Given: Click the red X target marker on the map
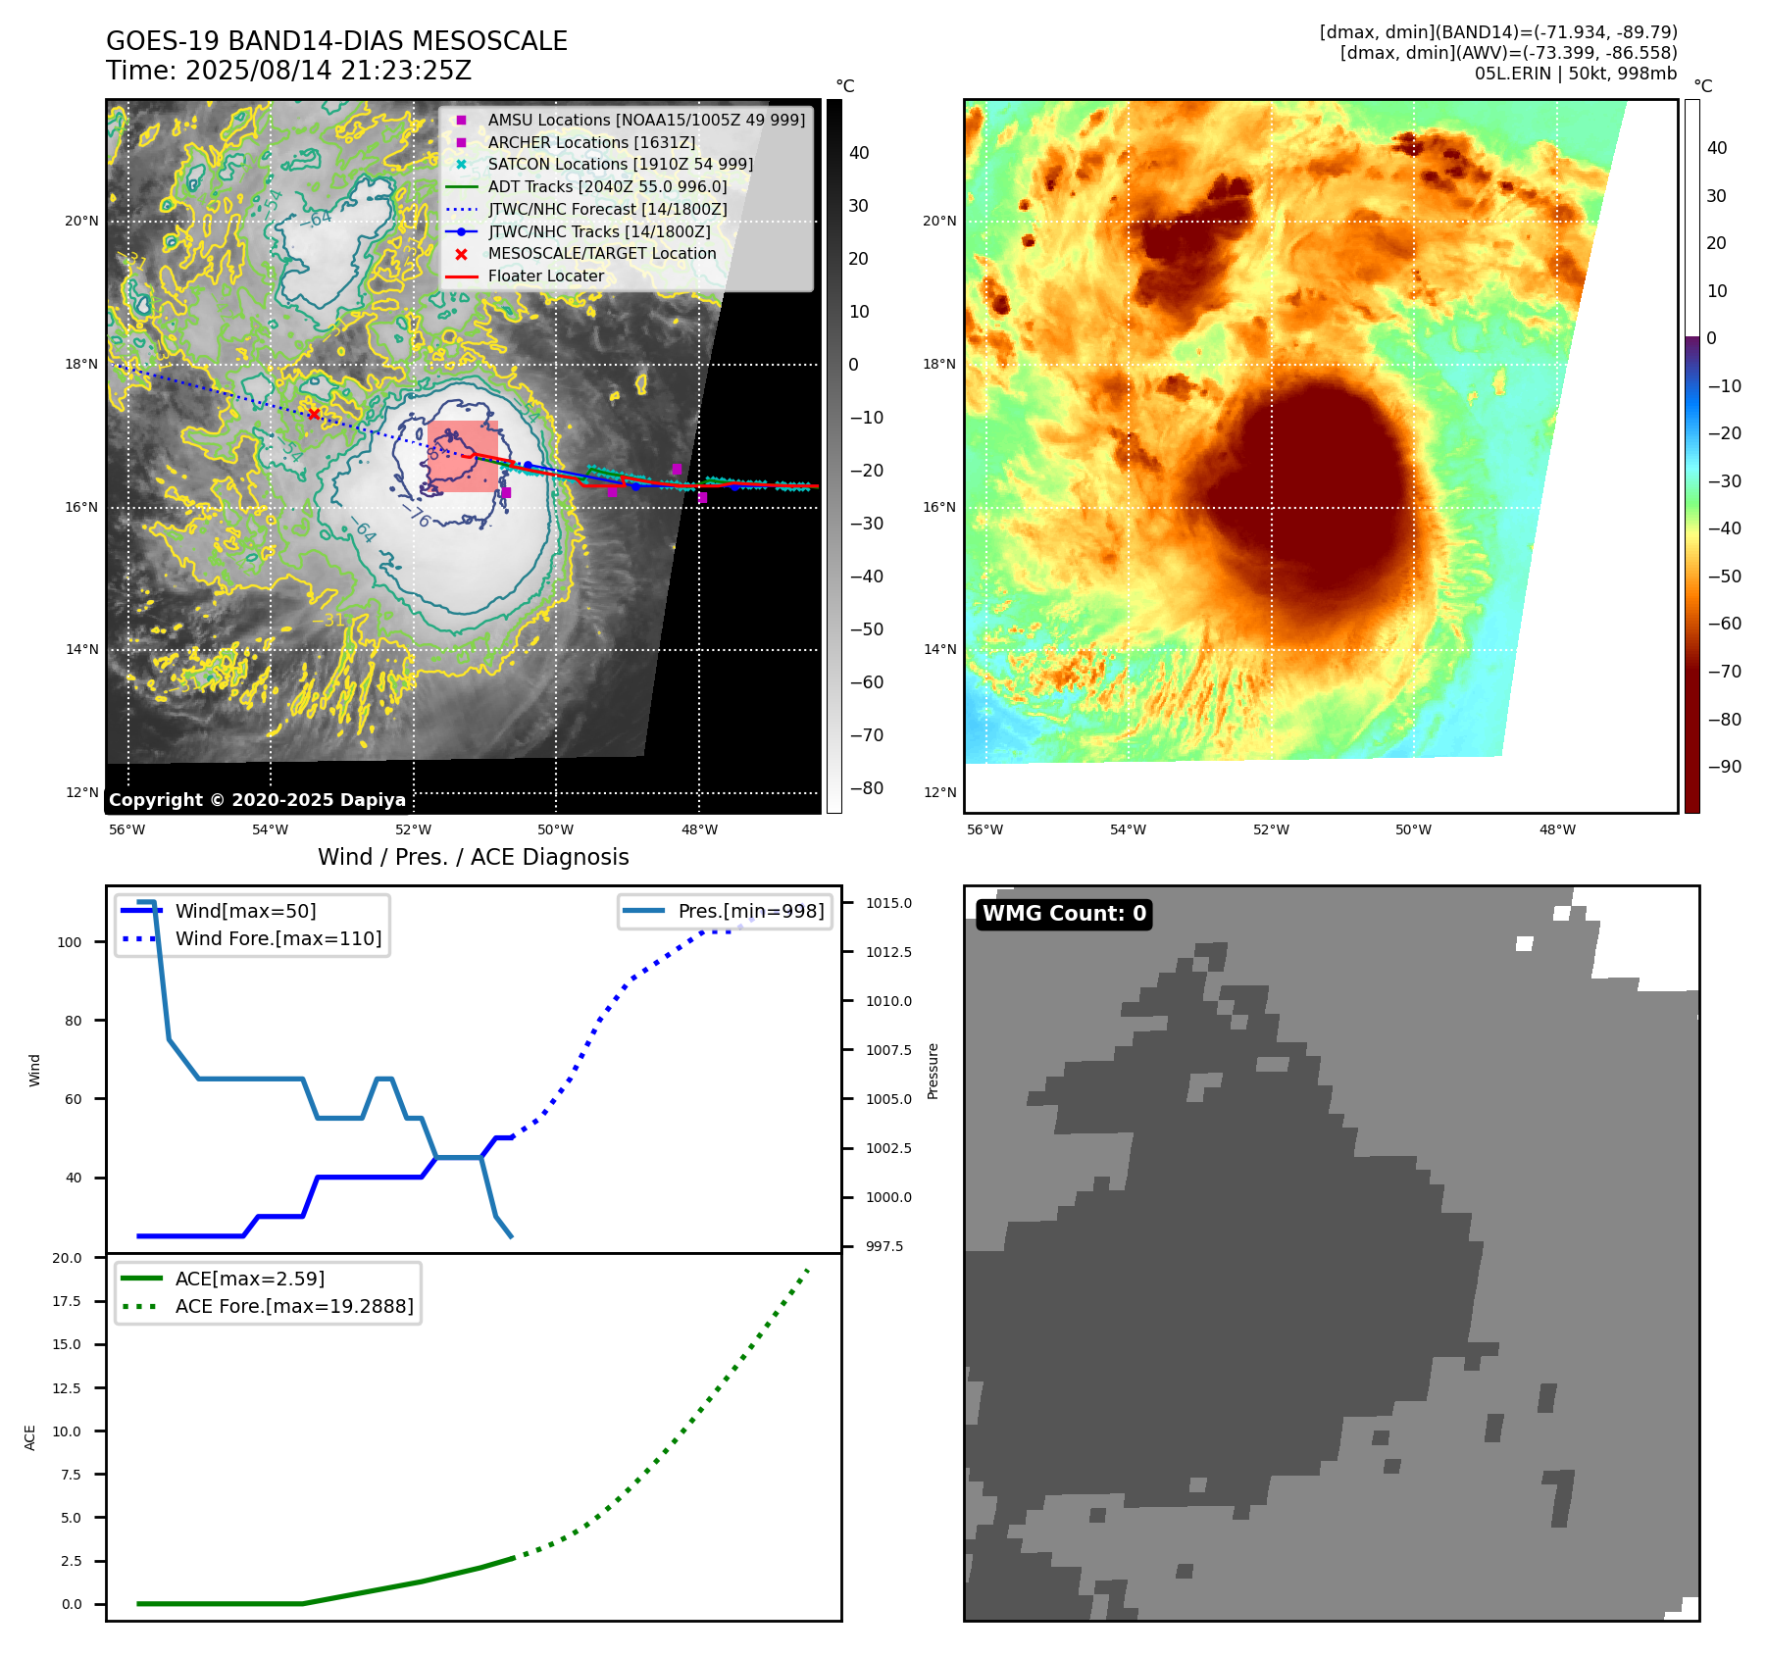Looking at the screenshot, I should click(314, 414).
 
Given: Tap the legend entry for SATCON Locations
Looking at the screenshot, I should click(620, 165).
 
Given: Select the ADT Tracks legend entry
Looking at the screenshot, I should click(607, 187).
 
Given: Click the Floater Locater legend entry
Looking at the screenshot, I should click(545, 276).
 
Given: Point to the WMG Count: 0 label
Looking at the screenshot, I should click(1064, 914).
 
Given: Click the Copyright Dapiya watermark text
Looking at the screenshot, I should click(257, 800).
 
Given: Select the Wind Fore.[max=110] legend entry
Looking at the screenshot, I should click(278, 938).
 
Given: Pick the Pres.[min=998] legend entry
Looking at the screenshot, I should click(750, 911).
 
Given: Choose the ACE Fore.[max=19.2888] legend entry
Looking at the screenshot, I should click(293, 1306).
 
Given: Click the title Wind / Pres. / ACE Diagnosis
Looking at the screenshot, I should click(473, 857).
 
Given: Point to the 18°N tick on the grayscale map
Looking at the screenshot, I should click(81, 365).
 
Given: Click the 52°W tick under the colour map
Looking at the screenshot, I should click(1271, 829).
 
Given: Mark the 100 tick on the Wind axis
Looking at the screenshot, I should click(70, 942).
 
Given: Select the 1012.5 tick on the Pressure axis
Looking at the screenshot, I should click(888, 952).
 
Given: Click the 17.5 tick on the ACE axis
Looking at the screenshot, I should click(67, 1301).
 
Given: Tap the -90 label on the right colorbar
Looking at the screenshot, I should click(1724, 767).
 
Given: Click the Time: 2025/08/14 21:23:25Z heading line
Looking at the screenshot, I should click(288, 71).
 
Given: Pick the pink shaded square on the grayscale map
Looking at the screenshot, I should click(463, 457).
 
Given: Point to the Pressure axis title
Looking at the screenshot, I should click(933, 1071).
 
